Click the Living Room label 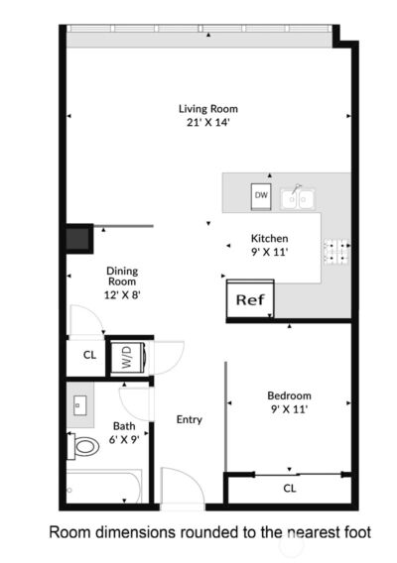point(208,109)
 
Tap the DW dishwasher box point(261,195)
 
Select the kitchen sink point(297,198)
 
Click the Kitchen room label point(269,239)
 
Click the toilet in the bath point(84,447)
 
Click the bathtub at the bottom point(104,489)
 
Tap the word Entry point(190,419)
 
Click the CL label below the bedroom point(290,488)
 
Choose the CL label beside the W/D point(89,355)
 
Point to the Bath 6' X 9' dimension point(124,440)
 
